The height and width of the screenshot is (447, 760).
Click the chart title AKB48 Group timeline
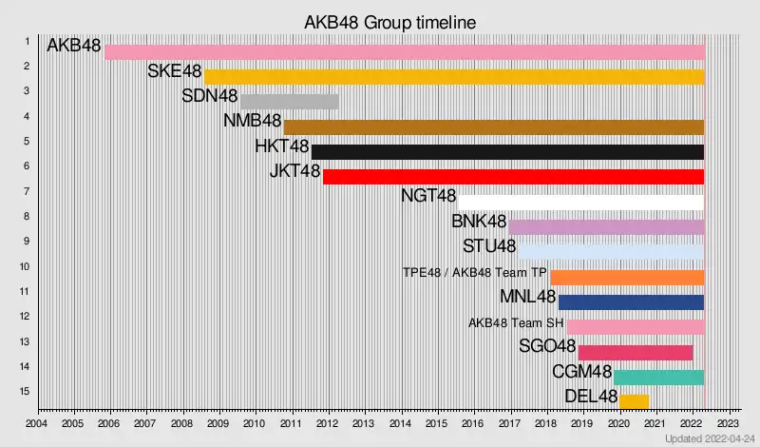pos(389,21)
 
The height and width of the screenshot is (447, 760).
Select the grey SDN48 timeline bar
pos(289,102)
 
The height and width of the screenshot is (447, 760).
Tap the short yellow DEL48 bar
pos(634,402)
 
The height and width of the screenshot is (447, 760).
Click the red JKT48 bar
pos(513,177)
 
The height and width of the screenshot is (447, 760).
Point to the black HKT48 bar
pos(507,152)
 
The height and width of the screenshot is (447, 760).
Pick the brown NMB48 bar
pos(493,127)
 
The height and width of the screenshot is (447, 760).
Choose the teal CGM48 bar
pos(658,378)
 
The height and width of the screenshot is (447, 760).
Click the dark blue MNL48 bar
pos(631,302)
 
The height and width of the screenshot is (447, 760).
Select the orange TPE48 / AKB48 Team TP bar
pos(627,278)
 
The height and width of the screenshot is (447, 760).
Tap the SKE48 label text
pos(174,71)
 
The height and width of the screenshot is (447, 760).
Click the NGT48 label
pos(428,197)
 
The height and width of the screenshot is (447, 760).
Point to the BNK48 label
pos(479,222)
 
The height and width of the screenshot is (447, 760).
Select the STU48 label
pos(489,247)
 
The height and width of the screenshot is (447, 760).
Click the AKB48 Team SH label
pos(516,322)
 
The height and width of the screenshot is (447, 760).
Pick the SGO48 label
pos(547,346)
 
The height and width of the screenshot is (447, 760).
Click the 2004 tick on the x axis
pos(36,423)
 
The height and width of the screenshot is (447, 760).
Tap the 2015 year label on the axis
pos(436,423)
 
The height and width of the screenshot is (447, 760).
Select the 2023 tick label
pos(728,423)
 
